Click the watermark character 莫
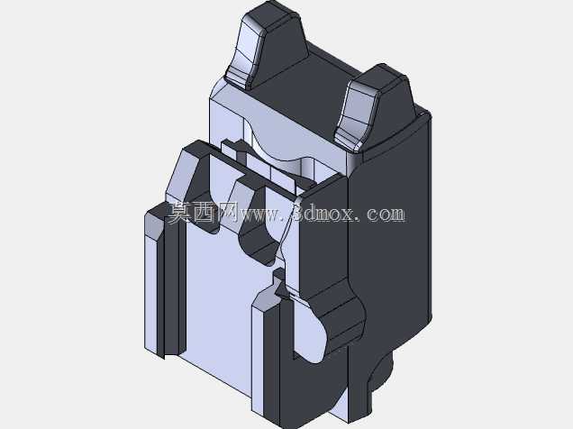coord(180,213)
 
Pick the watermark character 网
coord(228,213)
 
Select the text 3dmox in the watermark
coord(324,213)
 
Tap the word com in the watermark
coord(386,214)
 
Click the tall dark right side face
coord(389,238)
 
